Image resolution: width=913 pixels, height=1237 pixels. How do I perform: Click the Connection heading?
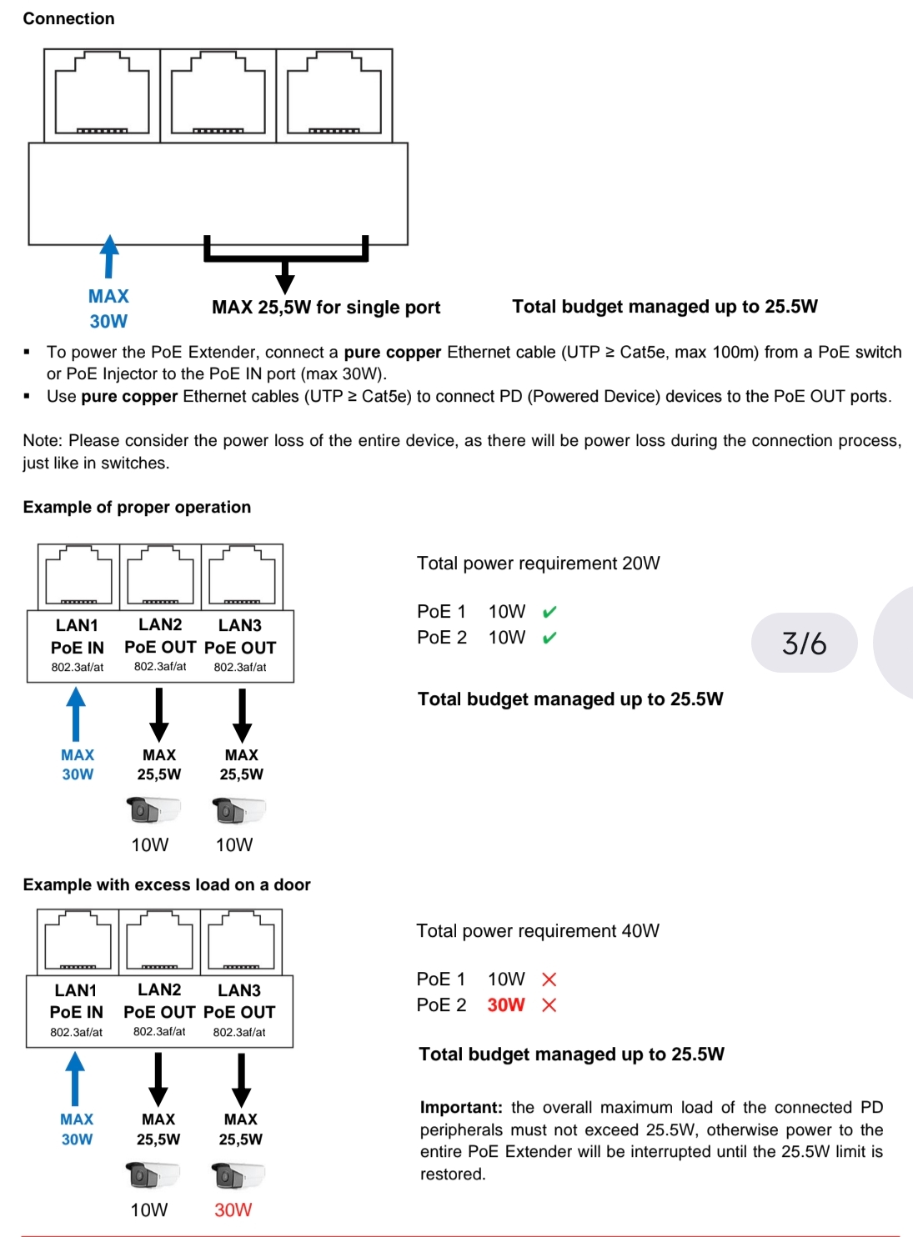[68, 18]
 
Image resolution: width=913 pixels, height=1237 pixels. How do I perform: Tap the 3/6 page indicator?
[804, 643]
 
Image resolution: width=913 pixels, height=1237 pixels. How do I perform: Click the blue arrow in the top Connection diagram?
[109, 256]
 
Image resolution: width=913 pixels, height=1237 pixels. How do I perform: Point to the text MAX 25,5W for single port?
[326, 308]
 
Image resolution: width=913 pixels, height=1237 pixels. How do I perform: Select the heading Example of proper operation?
[137, 507]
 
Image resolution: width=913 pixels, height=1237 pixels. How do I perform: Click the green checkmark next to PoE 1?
[549, 612]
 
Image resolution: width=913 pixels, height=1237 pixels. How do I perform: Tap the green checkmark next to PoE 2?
[549, 638]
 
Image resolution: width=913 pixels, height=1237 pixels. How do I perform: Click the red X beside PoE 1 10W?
[549, 979]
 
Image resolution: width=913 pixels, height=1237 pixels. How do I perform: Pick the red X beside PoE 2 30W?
[549, 1005]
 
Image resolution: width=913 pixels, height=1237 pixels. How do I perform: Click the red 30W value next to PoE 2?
[506, 1005]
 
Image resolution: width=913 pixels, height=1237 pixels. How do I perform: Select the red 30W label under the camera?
[233, 1209]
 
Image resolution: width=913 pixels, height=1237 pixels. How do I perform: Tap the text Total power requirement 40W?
[538, 930]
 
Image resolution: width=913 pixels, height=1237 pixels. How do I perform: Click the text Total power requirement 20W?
[539, 563]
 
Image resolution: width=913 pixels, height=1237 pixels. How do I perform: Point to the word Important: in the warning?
[462, 1107]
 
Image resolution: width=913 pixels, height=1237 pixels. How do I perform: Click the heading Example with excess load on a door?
[167, 884]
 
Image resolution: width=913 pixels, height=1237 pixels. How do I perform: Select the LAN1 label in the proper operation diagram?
[77, 625]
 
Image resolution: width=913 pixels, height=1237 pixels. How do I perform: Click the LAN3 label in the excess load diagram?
[238, 990]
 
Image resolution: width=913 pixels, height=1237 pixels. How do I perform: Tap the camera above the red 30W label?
[238, 1175]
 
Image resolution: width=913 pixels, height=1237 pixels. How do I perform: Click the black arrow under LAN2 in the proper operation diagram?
[159, 715]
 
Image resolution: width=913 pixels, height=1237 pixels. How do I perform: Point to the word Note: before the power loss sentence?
[43, 441]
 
